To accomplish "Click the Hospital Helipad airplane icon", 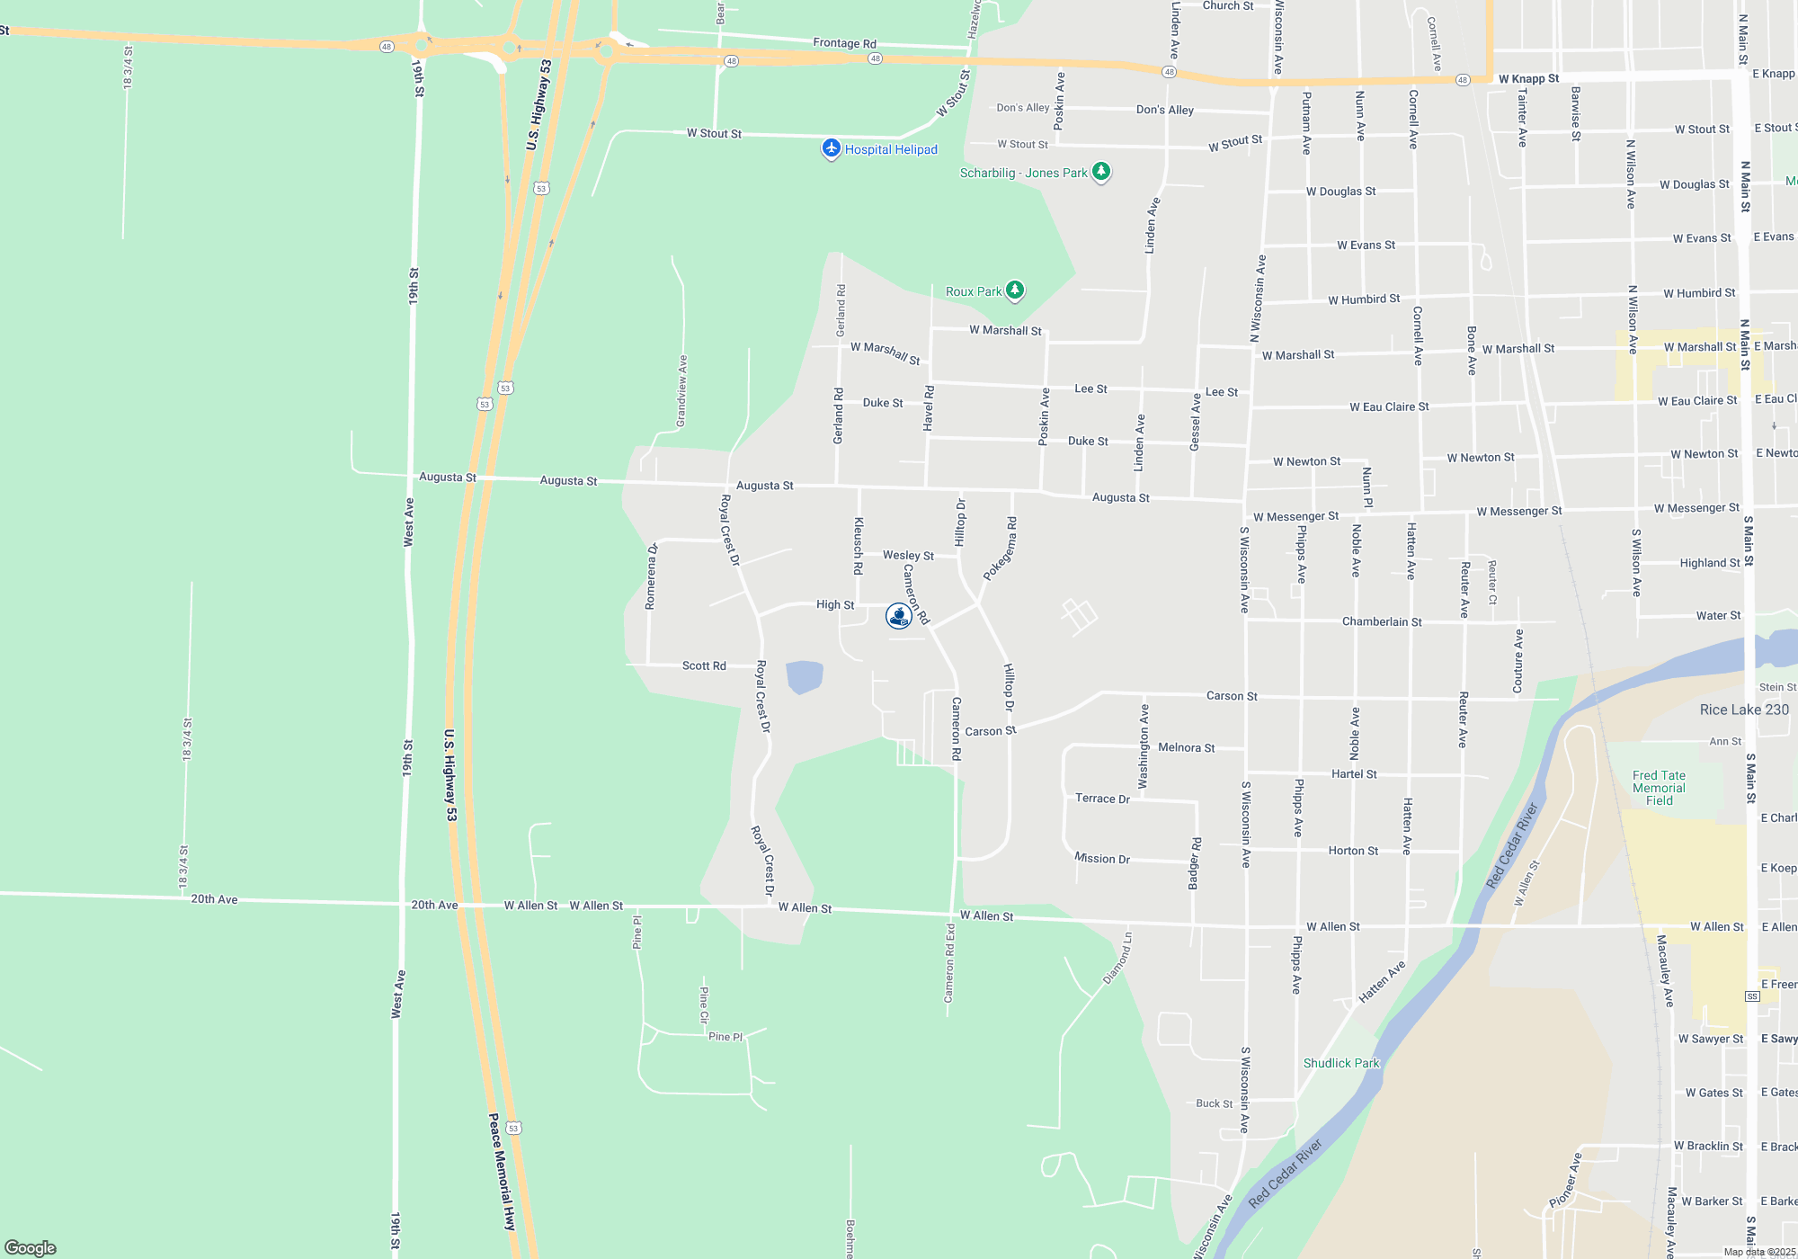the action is [x=832, y=148].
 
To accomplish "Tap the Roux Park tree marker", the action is [x=1015, y=290].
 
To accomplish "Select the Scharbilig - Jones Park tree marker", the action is [x=1101, y=171].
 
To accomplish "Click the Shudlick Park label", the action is [x=1340, y=1063].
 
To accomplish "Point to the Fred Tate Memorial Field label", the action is [x=1659, y=788].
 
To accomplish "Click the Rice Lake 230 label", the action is [x=1744, y=710].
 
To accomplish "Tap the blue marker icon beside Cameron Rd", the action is [x=898, y=615].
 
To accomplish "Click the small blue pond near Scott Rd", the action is [x=804, y=676].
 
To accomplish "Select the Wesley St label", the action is [x=908, y=556].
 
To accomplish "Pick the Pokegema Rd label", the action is [x=1000, y=549].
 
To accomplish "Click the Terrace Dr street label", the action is [x=1102, y=799].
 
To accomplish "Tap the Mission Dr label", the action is [x=1102, y=859].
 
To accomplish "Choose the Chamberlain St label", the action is [x=1382, y=621].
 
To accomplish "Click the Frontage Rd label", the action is [x=844, y=43].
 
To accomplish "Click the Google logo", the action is [x=31, y=1248].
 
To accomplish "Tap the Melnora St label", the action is [x=1186, y=747].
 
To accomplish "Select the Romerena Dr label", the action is [x=651, y=576].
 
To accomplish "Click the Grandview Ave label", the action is [x=681, y=391].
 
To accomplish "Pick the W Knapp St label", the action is [x=1528, y=78].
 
